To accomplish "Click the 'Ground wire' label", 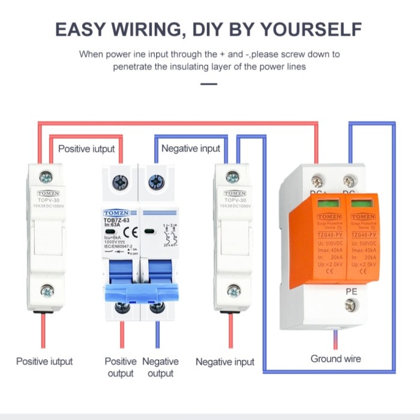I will (335, 358).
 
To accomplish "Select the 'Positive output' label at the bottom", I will (121, 367).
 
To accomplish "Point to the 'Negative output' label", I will (160, 367).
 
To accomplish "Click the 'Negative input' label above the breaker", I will (191, 148).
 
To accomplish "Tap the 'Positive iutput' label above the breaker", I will (86, 148).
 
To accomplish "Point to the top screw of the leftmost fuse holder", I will (46, 177).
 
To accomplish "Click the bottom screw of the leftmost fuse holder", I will (46, 292).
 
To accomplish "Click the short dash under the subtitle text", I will (209, 83).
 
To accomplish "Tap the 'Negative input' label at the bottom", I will (225, 362).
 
